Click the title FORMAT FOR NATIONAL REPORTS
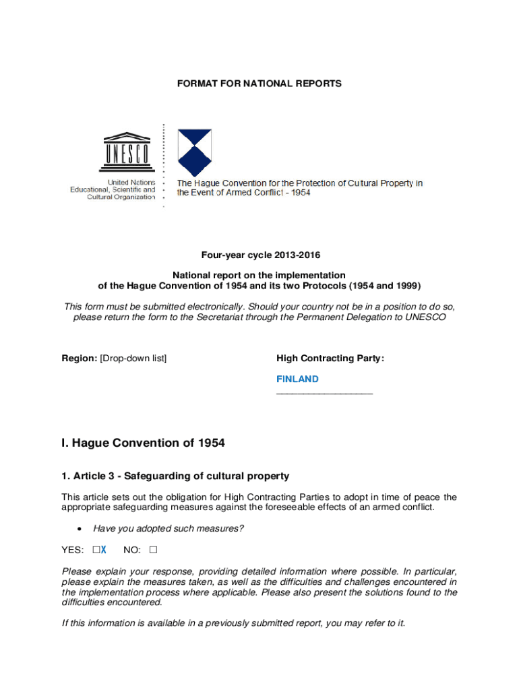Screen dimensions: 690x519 (x=259, y=84)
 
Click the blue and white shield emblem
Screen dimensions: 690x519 (x=194, y=152)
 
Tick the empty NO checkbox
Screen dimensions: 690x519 (x=153, y=550)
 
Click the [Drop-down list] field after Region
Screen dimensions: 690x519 (x=133, y=358)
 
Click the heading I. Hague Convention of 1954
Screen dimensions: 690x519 (x=143, y=443)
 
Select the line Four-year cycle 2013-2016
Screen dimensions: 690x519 (x=259, y=255)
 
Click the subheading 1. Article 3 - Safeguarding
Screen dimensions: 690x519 (x=175, y=476)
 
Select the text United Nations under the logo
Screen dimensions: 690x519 (x=131, y=183)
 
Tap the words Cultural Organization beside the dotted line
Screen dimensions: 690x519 (x=121, y=197)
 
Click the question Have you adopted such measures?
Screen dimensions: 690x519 (x=169, y=529)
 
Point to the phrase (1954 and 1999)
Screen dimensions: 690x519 (x=376, y=285)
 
